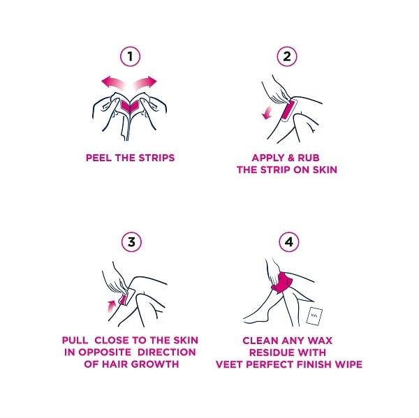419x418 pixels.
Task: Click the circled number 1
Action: pos(131,55)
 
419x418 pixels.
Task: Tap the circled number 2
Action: pos(286,55)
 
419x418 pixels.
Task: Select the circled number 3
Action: pos(131,242)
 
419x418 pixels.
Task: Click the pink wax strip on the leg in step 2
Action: pos(288,110)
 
